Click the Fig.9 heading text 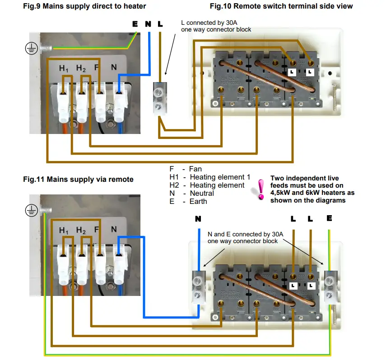click(x=84, y=6)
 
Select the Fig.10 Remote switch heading click(x=281, y=6)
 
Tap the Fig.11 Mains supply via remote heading click(x=78, y=179)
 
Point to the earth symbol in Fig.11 click(x=31, y=209)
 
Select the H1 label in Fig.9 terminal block click(x=64, y=69)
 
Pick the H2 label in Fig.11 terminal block click(x=81, y=231)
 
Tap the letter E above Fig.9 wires click(x=135, y=24)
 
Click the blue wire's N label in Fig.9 click(x=148, y=24)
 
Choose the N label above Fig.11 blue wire click(x=198, y=219)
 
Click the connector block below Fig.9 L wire click(x=158, y=99)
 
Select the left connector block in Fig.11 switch click(x=198, y=287)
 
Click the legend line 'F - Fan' click(x=186, y=169)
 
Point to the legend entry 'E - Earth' click(x=188, y=201)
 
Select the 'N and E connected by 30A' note click(x=245, y=234)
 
